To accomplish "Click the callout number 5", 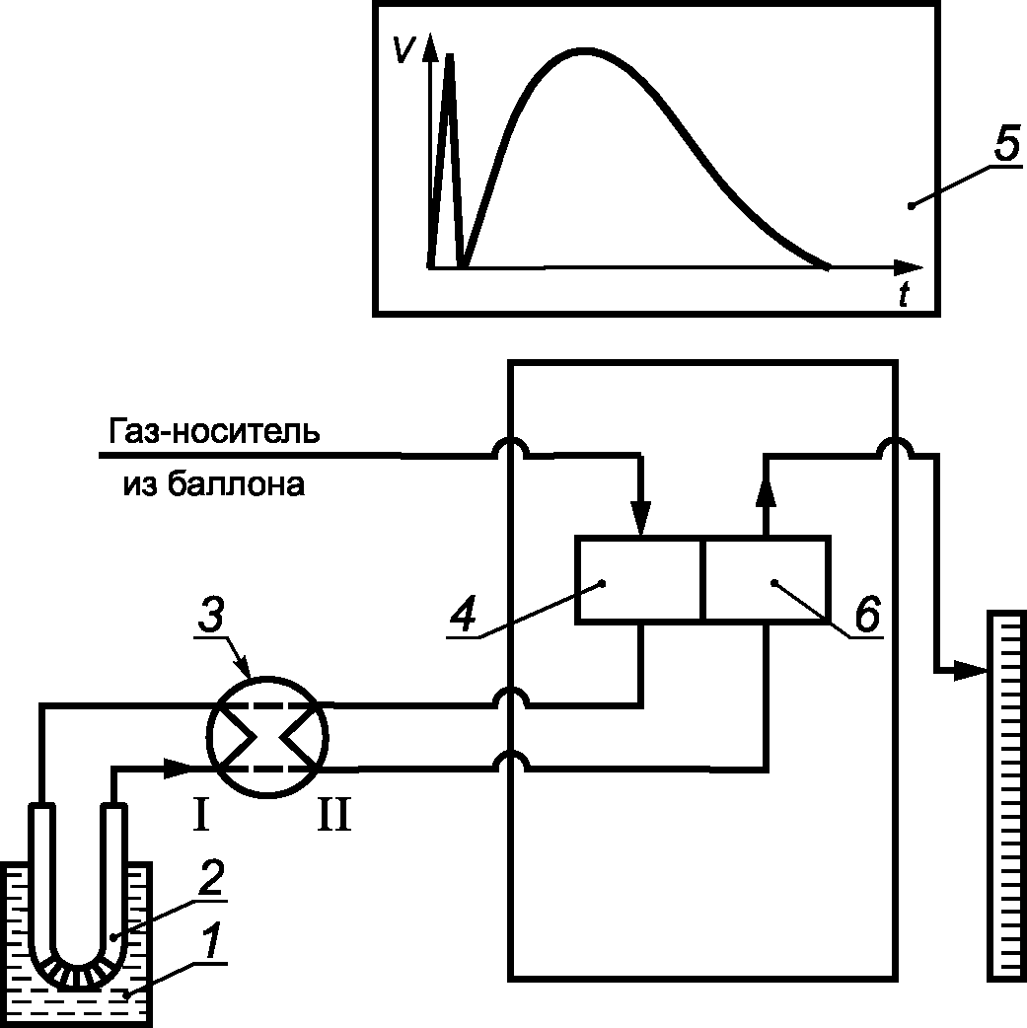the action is click(x=1006, y=142).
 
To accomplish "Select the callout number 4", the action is click(x=463, y=614).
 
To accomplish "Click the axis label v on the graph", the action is click(x=403, y=48).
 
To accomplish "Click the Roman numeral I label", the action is click(x=201, y=814).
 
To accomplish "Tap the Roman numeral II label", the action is click(x=333, y=814).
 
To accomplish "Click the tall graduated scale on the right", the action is click(x=1006, y=795).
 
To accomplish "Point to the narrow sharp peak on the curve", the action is click(x=449, y=55).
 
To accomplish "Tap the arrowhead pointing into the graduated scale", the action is click(x=971, y=669).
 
